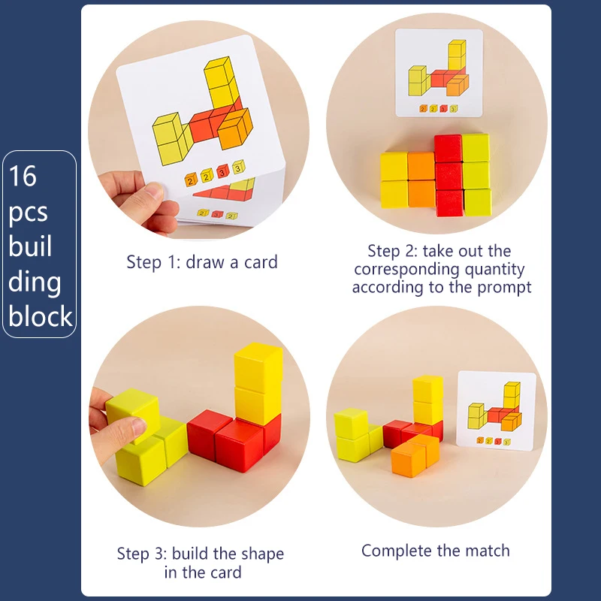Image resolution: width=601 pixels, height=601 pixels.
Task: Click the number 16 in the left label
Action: [x=23, y=177]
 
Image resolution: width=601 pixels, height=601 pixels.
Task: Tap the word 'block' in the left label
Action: [x=41, y=316]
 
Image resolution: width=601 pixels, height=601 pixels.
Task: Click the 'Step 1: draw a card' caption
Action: [x=201, y=262]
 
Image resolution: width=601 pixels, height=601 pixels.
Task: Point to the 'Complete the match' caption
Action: [x=435, y=551]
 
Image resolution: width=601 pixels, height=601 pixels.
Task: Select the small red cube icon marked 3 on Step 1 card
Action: [x=222, y=174]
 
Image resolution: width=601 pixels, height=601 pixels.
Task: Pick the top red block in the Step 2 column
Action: [x=448, y=148]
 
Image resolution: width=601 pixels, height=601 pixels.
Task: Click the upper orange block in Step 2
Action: [x=421, y=166]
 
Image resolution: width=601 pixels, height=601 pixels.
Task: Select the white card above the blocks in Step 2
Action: [x=439, y=73]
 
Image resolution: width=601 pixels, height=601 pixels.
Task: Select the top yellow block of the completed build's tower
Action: [x=427, y=388]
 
